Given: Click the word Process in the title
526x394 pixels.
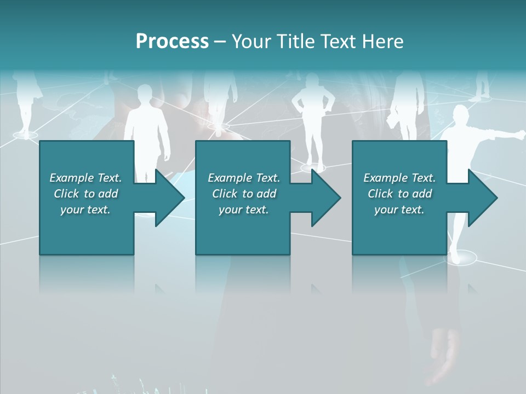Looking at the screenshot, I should (x=172, y=41).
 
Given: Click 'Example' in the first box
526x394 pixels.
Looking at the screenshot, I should (x=71, y=178).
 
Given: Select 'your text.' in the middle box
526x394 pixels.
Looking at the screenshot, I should (x=243, y=210).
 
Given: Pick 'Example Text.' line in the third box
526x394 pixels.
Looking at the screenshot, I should (x=399, y=178).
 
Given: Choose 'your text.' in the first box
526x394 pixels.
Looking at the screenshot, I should (x=85, y=210).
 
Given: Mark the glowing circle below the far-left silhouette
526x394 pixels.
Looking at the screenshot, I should (x=25, y=135).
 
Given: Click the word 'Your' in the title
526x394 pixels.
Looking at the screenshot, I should (x=251, y=41).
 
